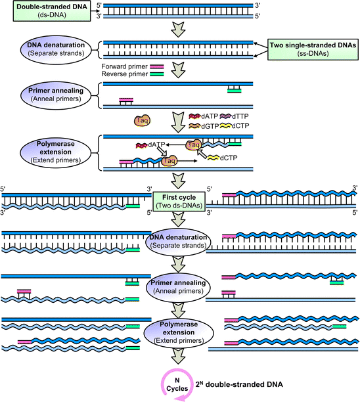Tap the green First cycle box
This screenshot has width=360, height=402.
[179, 200]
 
